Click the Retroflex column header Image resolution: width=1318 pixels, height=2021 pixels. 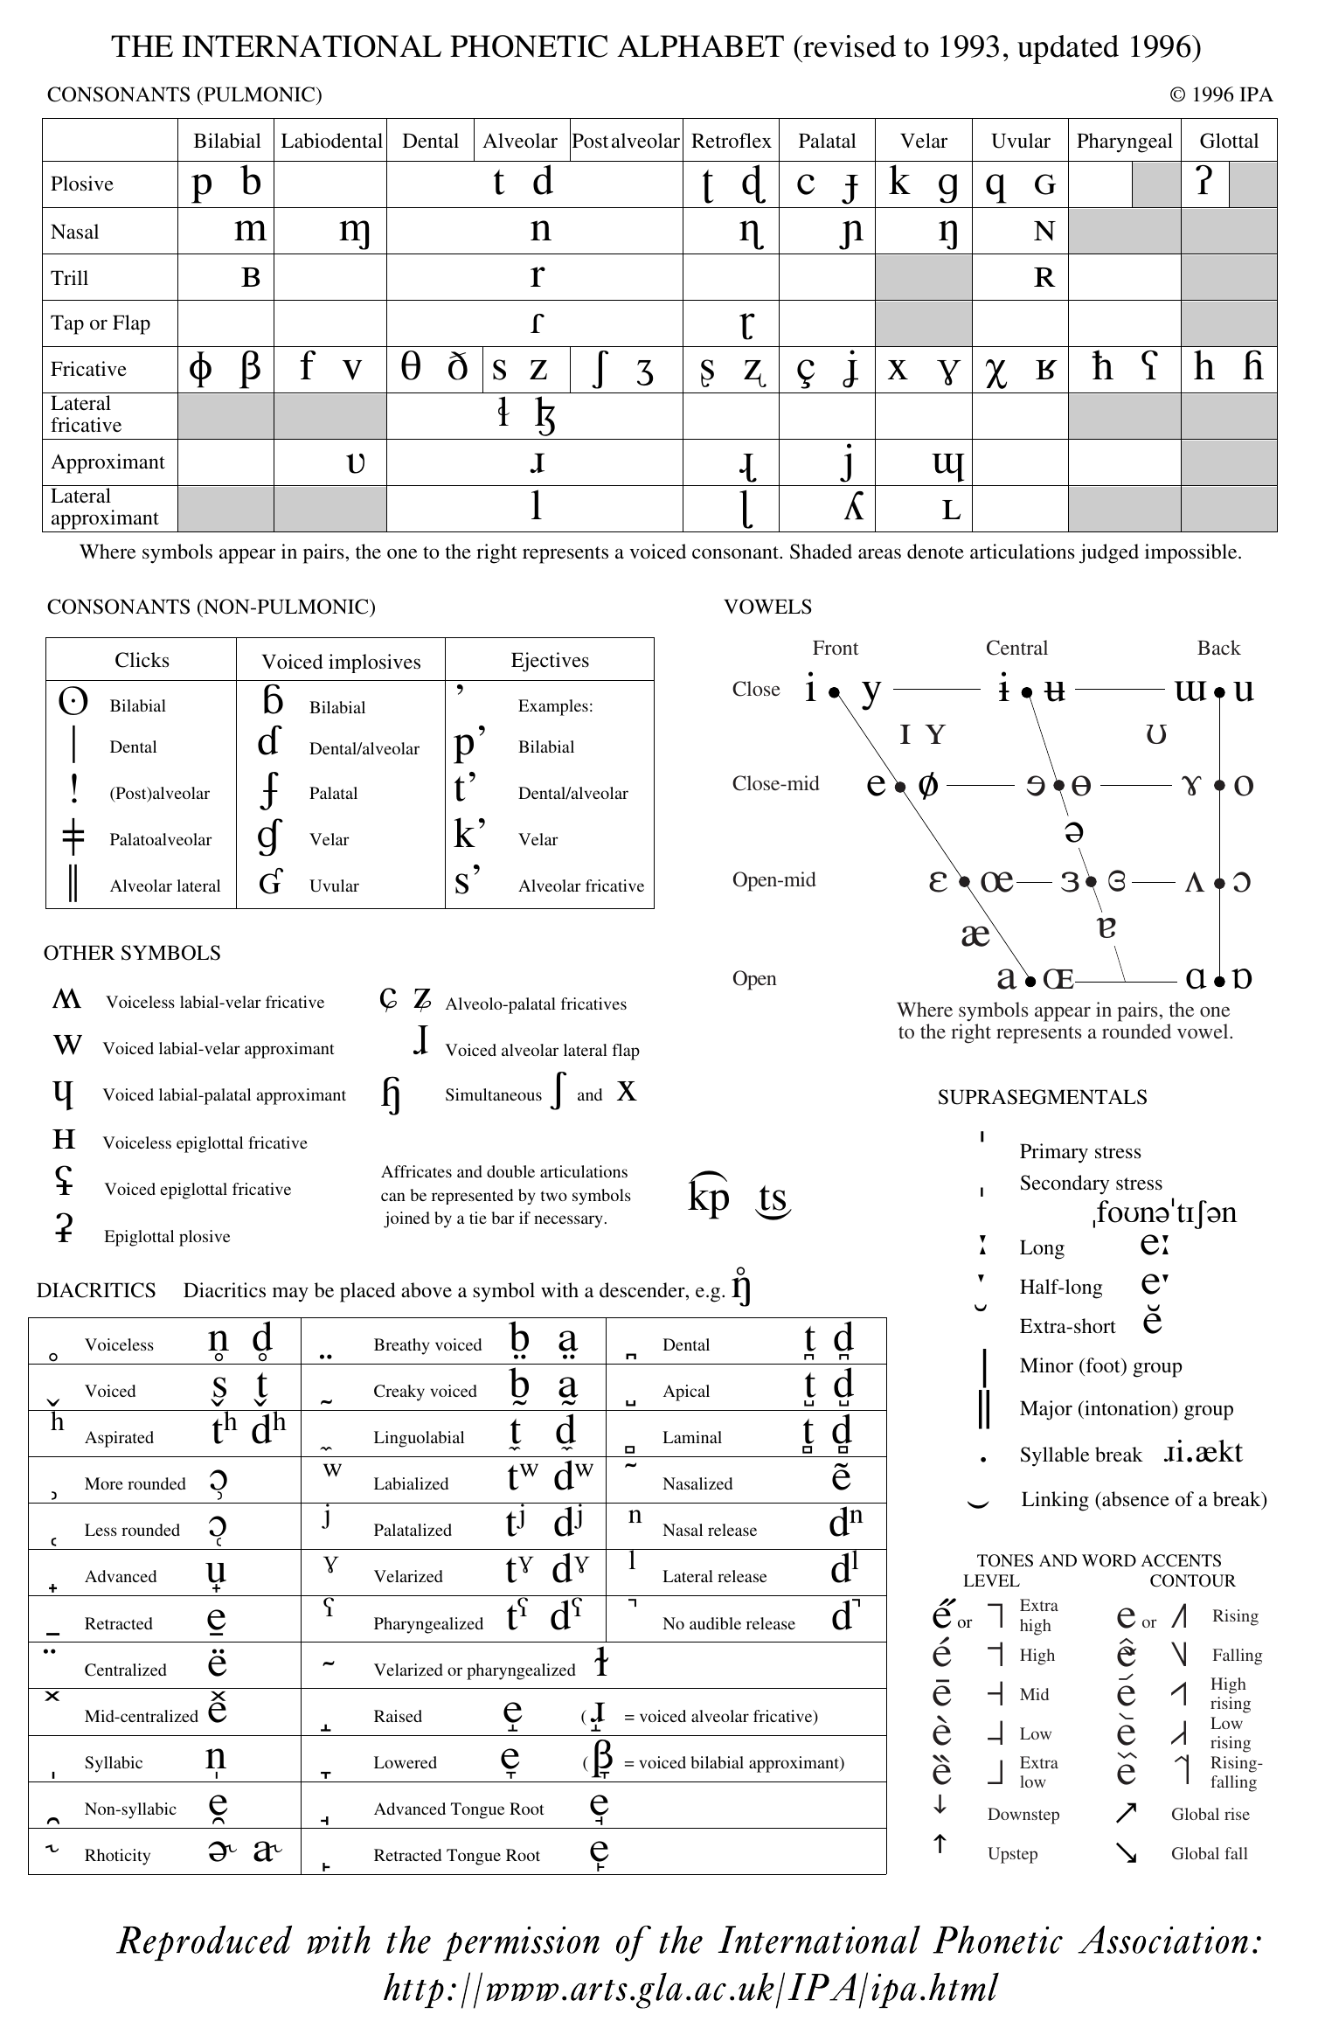pos(731,141)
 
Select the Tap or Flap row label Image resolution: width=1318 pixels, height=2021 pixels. pos(101,323)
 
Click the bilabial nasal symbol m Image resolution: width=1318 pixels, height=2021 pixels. pos(250,229)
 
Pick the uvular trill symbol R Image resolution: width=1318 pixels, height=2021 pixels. pos(1044,278)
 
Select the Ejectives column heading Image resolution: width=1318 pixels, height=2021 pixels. pos(550,660)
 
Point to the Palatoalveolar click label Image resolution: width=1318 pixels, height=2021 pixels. pos(160,839)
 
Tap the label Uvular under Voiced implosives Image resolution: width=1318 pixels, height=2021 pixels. pos(334,885)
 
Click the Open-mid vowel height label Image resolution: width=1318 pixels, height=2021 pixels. pos(773,879)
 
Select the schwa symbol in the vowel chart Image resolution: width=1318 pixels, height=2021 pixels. pos(1074,831)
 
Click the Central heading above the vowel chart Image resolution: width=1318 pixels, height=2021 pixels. pos(1016,648)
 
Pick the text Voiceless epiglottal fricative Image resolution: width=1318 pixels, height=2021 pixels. pos(205,1142)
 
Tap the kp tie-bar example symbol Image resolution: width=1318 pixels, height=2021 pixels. pos(708,1196)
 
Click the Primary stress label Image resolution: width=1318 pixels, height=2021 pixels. pos(1079,1151)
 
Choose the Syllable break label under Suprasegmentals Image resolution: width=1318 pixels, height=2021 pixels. pos(1079,1455)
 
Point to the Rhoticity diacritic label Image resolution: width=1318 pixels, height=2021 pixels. pos(117,1855)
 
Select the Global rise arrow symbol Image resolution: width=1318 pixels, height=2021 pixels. pos(1126,1814)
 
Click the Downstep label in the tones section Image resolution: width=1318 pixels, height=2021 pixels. pos(1023,1814)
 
